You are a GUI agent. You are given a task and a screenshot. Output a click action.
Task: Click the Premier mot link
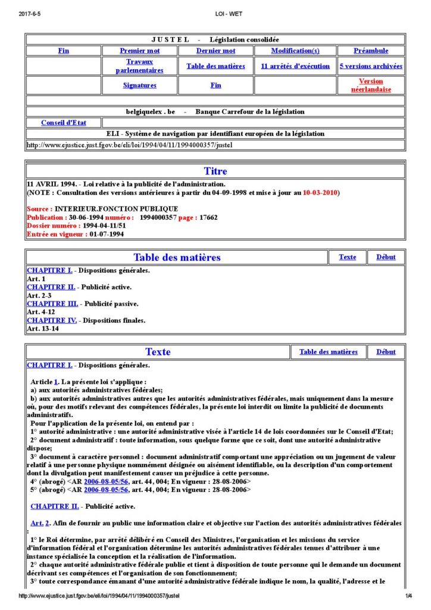pyautogui.click(x=139, y=51)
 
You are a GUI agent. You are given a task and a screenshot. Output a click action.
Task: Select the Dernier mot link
pyautogui.click(x=215, y=51)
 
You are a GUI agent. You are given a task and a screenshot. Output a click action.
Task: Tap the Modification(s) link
pyautogui.click(x=295, y=51)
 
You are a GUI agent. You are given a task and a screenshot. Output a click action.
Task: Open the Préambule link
pyautogui.click(x=371, y=51)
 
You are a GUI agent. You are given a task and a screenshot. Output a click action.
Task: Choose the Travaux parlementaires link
pyautogui.click(x=139, y=66)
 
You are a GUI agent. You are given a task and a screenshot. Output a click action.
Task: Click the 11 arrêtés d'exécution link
pyautogui.click(x=295, y=66)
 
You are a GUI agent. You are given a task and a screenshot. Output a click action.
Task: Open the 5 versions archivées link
pyautogui.click(x=371, y=66)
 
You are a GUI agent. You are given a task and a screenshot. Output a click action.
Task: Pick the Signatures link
pyautogui.click(x=139, y=85)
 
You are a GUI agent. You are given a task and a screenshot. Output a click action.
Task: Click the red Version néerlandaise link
pyautogui.click(x=371, y=85)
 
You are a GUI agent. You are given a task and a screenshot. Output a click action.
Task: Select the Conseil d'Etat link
pyautogui.click(x=64, y=123)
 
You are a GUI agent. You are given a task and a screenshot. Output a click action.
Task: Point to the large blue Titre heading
pyautogui.click(x=215, y=172)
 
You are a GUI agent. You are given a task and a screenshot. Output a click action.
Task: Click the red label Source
pyautogui.click(x=39, y=209)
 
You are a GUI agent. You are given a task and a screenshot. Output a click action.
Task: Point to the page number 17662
pyautogui.click(x=207, y=217)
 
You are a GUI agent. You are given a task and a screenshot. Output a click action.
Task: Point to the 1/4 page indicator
pyautogui.click(x=409, y=596)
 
